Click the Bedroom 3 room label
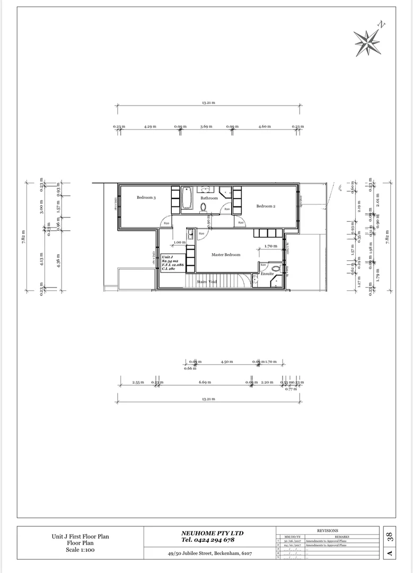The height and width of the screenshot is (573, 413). [x=146, y=197]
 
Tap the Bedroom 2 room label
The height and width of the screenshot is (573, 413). [x=266, y=206]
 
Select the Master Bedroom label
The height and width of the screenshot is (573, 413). [x=226, y=255]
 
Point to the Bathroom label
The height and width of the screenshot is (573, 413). [x=209, y=198]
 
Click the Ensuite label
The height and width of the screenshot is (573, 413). [x=267, y=274]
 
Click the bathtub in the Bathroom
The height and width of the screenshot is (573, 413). [x=187, y=198]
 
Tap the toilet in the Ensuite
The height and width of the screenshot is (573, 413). [x=275, y=268]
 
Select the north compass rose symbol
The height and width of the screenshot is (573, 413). [x=367, y=40]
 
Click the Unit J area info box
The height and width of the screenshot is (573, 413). [x=172, y=263]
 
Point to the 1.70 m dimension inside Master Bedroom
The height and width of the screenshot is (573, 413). [x=270, y=246]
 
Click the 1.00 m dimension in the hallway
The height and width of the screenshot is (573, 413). [x=180, y=242]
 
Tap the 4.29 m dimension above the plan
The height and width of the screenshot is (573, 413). [x=150, y=127]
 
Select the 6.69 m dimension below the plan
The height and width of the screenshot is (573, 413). [x=205, y=382]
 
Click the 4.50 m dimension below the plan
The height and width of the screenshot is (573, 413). [x=227, y=362]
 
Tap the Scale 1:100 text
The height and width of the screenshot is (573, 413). [x=81, y=550]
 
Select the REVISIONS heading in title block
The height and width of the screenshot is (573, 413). [x=327, y=531]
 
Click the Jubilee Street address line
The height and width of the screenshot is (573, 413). [x=209, y=553]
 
